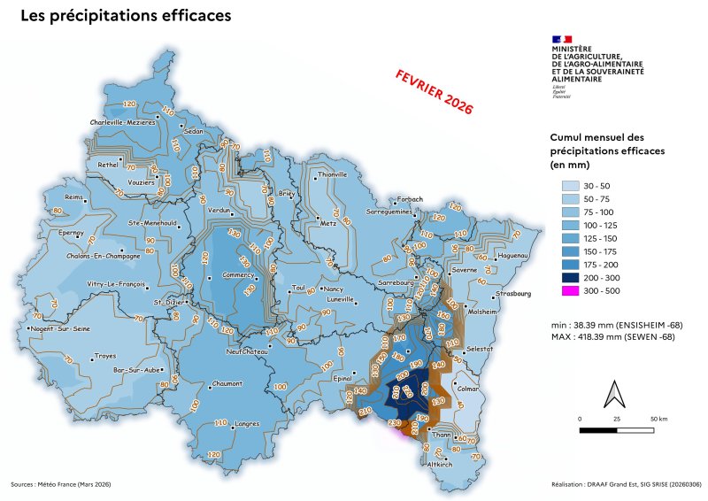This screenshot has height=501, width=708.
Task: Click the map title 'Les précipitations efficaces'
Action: (126, 16)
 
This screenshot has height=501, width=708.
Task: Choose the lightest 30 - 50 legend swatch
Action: (570, 186)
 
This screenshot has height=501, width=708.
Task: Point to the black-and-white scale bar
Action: (617, 430)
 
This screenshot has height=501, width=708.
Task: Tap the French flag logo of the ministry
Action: (562, 39)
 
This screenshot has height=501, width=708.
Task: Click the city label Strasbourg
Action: (513, 293)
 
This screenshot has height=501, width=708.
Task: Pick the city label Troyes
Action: (104, 357)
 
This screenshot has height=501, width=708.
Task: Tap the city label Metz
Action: (329, 224)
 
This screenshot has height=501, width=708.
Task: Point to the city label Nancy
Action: (334, 289)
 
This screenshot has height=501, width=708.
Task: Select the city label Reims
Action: (73, 197)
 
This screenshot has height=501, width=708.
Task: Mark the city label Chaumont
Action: (229, 384)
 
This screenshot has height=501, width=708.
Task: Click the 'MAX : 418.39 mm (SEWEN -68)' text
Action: (610, 338)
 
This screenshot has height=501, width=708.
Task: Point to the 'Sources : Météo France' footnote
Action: (61, 484)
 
